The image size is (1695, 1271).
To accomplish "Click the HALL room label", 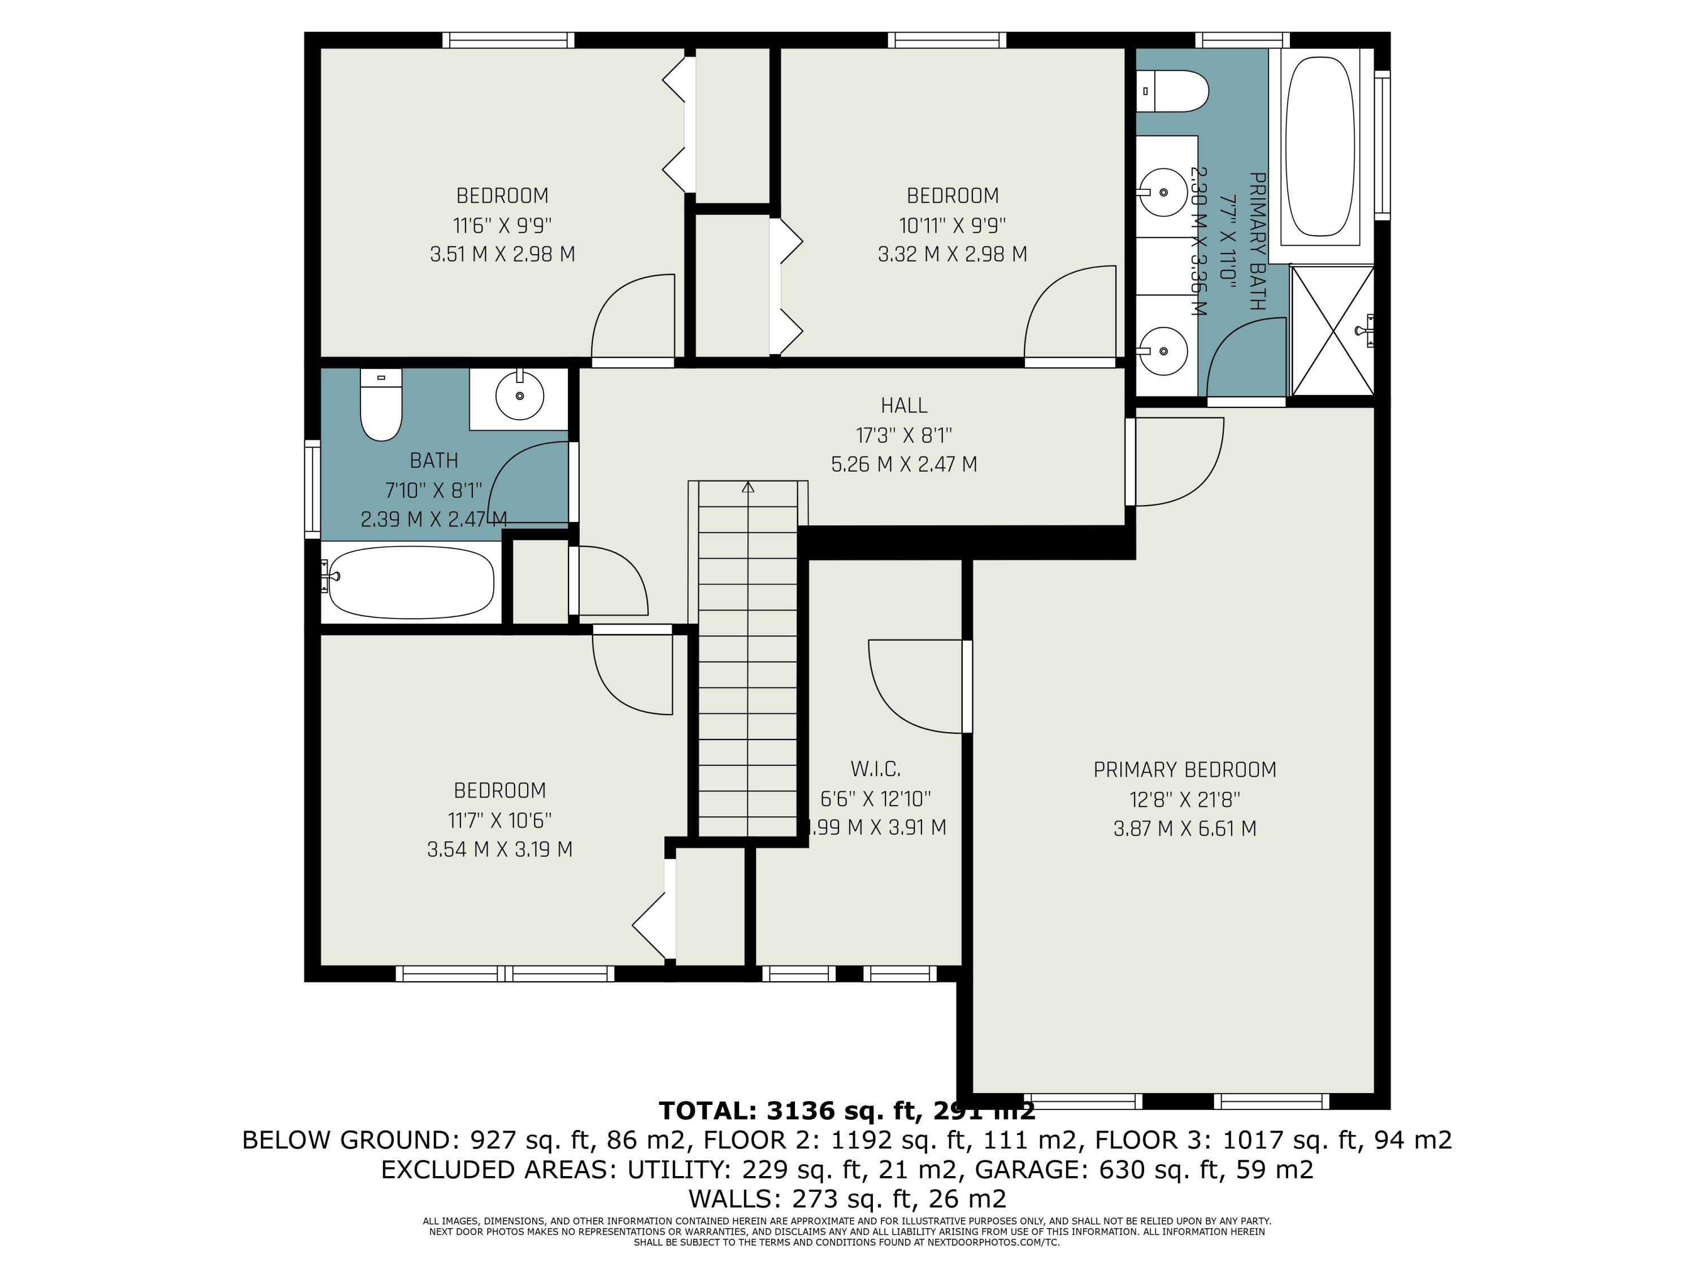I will [x=903, y=405].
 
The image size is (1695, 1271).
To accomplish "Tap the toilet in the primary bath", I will [x=1172, y=91].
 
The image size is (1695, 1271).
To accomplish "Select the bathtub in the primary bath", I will [x=1319, y=146].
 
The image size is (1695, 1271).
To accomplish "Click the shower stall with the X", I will [x=1332, y=331].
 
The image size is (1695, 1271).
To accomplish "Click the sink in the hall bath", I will [x=520, y=395].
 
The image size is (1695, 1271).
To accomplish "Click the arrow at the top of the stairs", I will [x=748, y=486].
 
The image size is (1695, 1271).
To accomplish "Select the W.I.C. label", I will [x=875, y=768].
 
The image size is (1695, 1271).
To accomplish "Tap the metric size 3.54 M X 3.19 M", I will [x=499, y=850].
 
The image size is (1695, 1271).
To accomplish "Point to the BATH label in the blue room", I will [x=434, y=460].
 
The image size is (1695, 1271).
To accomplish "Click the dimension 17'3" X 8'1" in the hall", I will [x=903, y=435].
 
